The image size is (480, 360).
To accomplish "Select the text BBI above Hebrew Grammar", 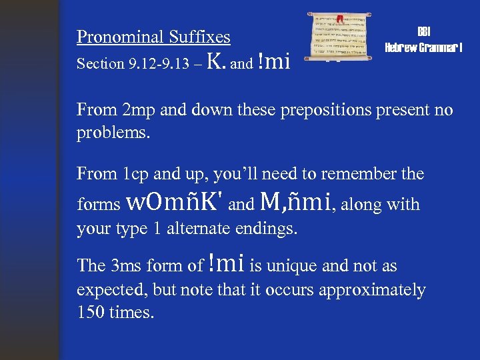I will (424, 31).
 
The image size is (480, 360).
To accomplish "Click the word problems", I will (113, 132).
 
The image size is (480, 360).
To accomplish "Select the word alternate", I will (201, 229).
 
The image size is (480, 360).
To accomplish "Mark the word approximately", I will (373, 290).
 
